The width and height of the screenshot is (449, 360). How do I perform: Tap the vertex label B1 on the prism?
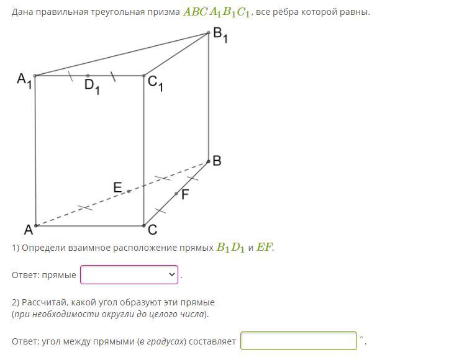click(x=220, y=35)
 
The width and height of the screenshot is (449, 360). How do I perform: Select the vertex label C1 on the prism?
click(x=155, y=83)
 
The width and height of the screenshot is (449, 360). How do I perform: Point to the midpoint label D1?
click(x=92, y=86)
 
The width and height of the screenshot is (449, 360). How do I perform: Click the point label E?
click(x=117, y=187)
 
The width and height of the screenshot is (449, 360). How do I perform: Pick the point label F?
click(x=184, y=194)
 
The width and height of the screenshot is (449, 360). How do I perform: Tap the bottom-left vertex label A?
click(x=28, y=230)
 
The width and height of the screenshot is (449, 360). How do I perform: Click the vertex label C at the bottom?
click(x=153, y=230)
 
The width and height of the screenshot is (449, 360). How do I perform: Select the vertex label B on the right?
click(x=217, y=161)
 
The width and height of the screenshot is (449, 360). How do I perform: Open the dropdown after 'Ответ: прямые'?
click(x=129, y=274)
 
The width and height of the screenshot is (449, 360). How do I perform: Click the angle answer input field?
click(x=299, y=341)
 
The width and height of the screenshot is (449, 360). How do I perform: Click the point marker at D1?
click(x=88, y=76)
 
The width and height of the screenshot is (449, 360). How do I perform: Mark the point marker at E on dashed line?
click(x=129, y=191)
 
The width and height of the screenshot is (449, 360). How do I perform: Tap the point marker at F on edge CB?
click(x=176, y=194)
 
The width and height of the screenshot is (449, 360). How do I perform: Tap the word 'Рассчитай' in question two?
click(x=44, y=302)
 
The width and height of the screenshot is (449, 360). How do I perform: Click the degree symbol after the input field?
click(x=361, y=337)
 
